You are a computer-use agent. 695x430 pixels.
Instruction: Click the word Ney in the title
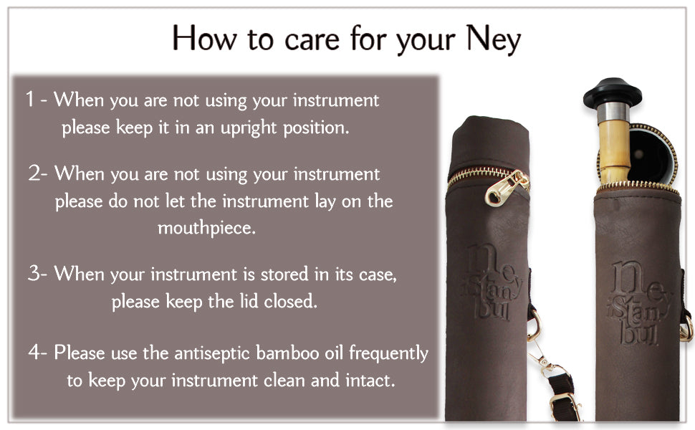pyautogui.click(x=494, y=39)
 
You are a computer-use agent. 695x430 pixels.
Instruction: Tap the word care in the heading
pyautogui.click(x=312, y=41)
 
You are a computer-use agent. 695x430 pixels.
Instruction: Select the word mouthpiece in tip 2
pyautogui.click(x=206, y=228)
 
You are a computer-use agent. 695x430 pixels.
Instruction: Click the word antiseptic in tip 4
pyautogui.click(x=212, y=354)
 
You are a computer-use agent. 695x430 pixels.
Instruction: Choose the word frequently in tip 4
pyautogui.click(x=389, y=354)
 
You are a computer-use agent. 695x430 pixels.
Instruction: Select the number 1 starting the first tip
pyautogui.click(x=29, y=99)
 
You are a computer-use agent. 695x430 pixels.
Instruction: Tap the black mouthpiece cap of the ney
pyautogui.click(x=612, y=93)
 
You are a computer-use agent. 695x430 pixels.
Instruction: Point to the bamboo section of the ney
pyautogui.click(x=614, y=151)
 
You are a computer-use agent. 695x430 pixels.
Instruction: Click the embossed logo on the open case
pyautogui.click(x=639, y=302)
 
